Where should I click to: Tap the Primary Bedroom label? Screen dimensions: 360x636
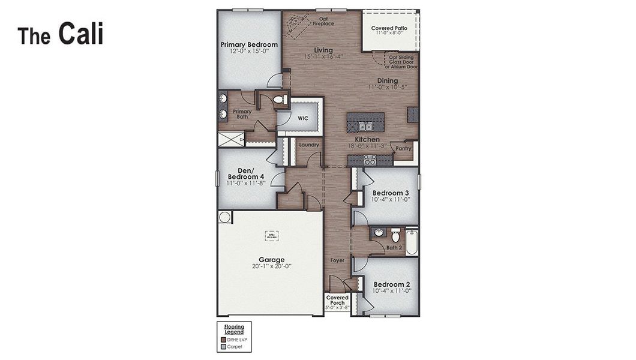[x=249, y=44]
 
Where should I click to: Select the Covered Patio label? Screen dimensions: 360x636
[x=389, y=28]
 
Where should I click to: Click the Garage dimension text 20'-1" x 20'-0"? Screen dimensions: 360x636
[x=272, y=266]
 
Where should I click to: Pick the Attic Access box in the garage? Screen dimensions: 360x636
[x=272, y=236]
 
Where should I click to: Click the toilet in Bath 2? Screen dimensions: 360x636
[x=395, y=235]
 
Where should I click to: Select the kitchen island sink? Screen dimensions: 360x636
[x=365, y=126]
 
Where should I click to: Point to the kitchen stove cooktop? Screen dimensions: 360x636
[x=370, y=160]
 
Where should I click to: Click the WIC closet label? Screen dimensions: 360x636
[x=303, y=118]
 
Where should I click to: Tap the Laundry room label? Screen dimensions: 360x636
[x=308, y=145]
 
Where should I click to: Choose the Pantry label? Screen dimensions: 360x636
[x=403, y=148]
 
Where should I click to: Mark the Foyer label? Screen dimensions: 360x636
[x=338, y=261]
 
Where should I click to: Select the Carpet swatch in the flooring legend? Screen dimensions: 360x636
[x=224, y=346]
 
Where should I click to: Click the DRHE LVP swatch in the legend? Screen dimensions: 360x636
[x=224, y=340]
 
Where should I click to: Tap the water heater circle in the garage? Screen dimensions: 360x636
[x=224, y=217]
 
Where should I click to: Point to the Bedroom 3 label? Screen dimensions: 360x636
[x=391, y=193]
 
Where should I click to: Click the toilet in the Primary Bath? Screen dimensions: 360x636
[x=278, y=100]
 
